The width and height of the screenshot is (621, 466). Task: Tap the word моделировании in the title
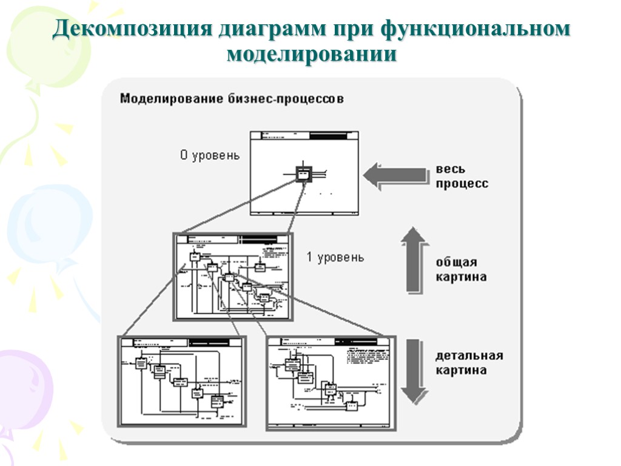[x=312, y=55]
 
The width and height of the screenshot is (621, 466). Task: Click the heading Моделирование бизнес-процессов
[x=232, y=98]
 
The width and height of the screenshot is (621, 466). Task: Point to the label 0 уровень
[x=210, y=155]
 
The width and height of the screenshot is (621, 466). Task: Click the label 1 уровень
[x=335, y=257]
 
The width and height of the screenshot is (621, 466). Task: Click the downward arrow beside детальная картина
[x=415, y=370]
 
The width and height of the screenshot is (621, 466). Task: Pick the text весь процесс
[x=461, y=176]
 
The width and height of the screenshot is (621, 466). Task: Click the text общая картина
[x=460, y=269]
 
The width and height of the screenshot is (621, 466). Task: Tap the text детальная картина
[x=469, y=362]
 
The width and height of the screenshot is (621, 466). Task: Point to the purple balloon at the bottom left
[x=24, y=388]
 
